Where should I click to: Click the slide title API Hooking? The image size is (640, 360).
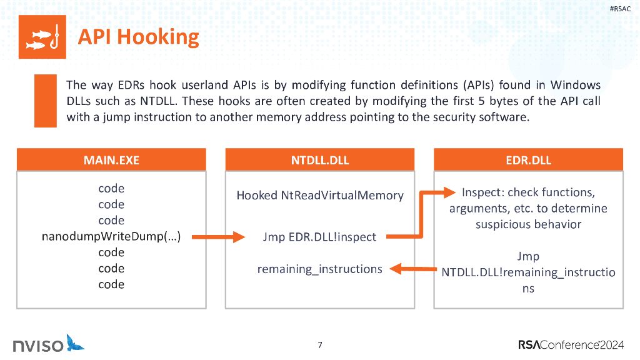pos(138,37)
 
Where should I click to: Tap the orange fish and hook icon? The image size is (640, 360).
pos(42,37)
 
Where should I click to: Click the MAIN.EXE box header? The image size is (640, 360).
pos(111,160)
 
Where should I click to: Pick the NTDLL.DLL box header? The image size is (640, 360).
pos(319,160)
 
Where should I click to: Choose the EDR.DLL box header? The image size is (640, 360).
pos(528,160)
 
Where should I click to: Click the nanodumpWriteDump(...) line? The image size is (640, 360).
pos(111,237)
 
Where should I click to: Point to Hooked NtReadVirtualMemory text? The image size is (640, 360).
pos(319,195)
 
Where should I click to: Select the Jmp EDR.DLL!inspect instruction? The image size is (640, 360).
pos(319,237)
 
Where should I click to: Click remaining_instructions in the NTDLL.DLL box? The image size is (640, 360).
pos(319,269)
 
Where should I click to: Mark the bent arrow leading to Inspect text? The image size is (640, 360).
pos(422,212)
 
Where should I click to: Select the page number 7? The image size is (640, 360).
pos(320,344)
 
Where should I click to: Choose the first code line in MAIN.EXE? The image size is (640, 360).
pos(111,188)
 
